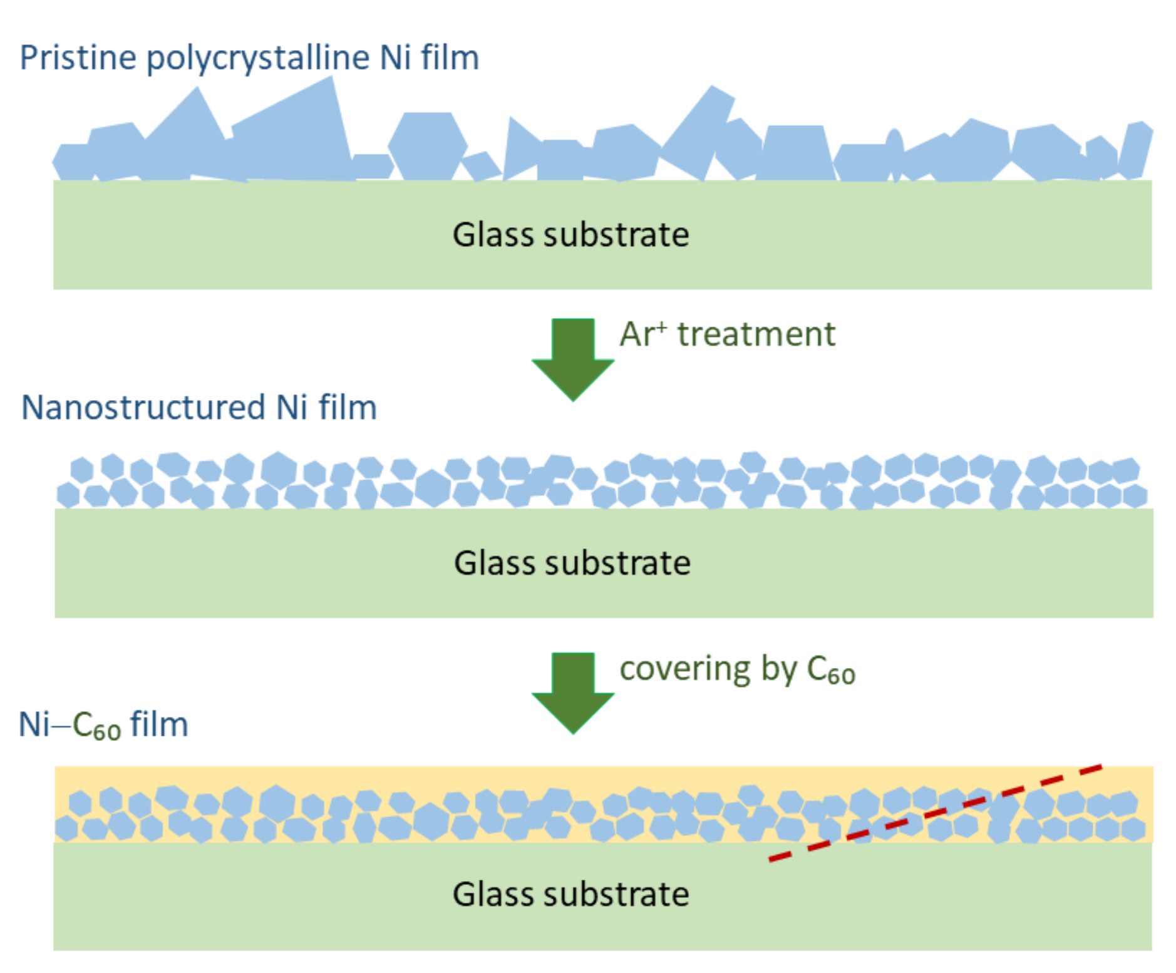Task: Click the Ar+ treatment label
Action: [x=727, y=334]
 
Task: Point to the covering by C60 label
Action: [x=736, y=669]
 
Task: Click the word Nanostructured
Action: [x=143, y=408]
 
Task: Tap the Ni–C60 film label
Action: [x=103, y=725]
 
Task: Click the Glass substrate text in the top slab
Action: [x=570, y=235]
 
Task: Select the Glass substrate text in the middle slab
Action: [x=572, y=562]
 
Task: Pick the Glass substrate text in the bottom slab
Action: [x=570, y=893]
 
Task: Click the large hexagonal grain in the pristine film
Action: [x=428, y=146]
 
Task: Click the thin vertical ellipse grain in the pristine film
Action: [x=894, y=153]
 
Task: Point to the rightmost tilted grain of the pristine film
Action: [x=1135, y=150]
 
